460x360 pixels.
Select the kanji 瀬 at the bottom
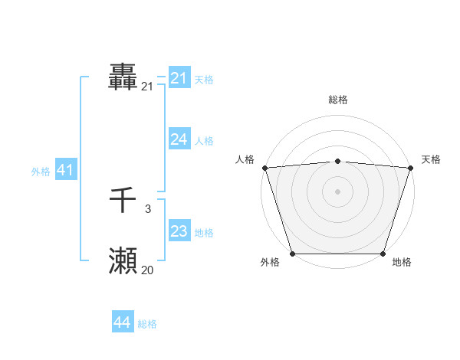click(x=123, y=261)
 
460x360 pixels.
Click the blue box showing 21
click(x=179, y=78)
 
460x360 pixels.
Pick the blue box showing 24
click(x=179, y=139)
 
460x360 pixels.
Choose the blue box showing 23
click(x=179, y=231)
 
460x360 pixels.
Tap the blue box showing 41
click(x=65, y=170)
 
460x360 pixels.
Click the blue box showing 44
click(x=122, y=322)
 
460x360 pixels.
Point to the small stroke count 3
click(x=147, y=208)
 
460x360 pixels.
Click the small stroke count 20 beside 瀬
click(x=147, y=270)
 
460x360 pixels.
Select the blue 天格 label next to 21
click(x=204, y=80)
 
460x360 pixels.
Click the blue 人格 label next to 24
click(x=204, y=141)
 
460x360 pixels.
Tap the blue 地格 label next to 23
click(x=204, y=233)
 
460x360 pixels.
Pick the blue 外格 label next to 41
click(x=41, y=172)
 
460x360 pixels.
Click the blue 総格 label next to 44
click(x=147, y=324)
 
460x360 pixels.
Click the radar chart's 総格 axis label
click(x=337, y=100)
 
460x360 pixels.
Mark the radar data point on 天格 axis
click(x=410, y=168)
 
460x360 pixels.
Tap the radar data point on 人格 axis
click(x=264, y=168)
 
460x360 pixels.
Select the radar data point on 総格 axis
click(x=337, y=161)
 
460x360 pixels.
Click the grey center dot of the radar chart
click(x=337, y=191)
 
